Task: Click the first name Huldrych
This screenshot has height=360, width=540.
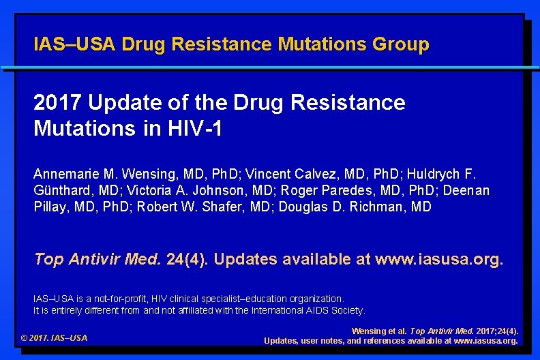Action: tap(436, 174)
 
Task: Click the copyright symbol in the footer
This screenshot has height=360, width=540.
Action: tap(25, 338)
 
